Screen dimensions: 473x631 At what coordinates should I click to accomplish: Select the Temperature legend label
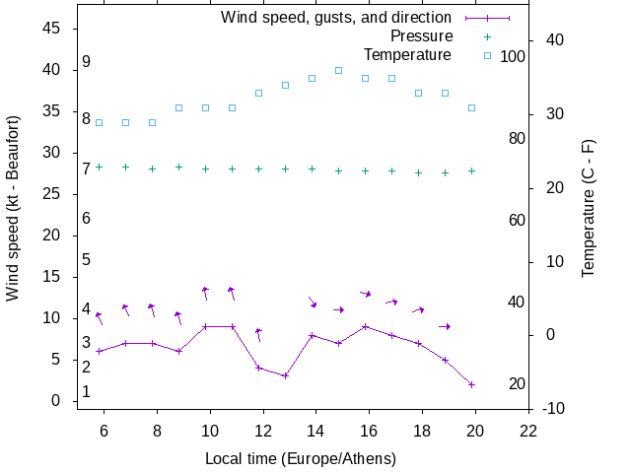coord(407,55)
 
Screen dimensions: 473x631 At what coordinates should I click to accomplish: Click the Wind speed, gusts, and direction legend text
coord(335,18)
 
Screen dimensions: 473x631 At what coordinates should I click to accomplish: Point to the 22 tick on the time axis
coord(528,430)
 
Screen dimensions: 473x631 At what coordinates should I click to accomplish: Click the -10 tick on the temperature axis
coord(553,409)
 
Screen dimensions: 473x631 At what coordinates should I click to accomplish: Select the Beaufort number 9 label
coord(87,62)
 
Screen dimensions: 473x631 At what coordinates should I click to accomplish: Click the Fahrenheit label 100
coord(513,57)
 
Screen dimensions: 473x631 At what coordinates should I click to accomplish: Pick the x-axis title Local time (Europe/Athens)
coord(301,458)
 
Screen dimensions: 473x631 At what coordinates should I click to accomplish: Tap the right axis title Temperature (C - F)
coord(589,206)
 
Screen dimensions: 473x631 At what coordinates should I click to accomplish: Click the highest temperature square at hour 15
coord(338,71)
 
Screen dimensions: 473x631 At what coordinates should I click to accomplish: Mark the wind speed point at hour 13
coord(285,375)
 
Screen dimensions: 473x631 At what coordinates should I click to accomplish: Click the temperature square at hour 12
coord(258,93)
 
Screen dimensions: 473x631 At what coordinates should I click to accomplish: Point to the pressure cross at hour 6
coord(99,168)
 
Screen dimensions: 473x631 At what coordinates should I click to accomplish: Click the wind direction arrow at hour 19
coord(445,326)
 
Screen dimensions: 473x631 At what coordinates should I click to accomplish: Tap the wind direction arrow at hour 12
coord(258,334)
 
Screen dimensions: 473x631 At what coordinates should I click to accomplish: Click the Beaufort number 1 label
coord(87,391)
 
